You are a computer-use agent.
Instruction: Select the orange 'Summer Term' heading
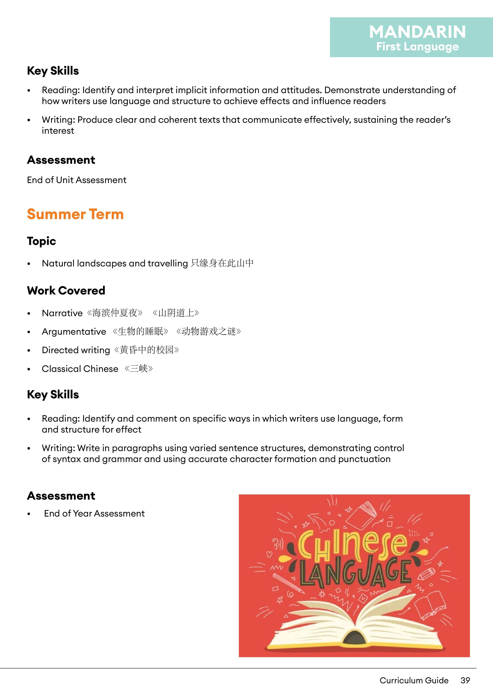(x=75, y=214)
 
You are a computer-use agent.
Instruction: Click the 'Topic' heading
(x=41, y=241)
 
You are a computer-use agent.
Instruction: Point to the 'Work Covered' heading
(x=66, y=291)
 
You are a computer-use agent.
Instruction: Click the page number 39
(x=465, y=680)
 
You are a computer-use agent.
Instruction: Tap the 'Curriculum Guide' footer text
(x=414, y=680)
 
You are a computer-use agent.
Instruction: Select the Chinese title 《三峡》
(x=139, y=369)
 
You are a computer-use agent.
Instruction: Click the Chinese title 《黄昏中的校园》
(x=147, y=350)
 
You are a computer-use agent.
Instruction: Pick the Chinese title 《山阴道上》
(x=176, y=313)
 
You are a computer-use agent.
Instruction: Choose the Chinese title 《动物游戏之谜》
(x=209, y=331)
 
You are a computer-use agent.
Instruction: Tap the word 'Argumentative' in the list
(x=74, y=332)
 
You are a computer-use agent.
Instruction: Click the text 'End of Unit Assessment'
(x=77, y=180)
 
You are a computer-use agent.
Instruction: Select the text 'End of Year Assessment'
(x=94, y=514)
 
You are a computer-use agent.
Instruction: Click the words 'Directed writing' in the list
(x=76, y=350)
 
